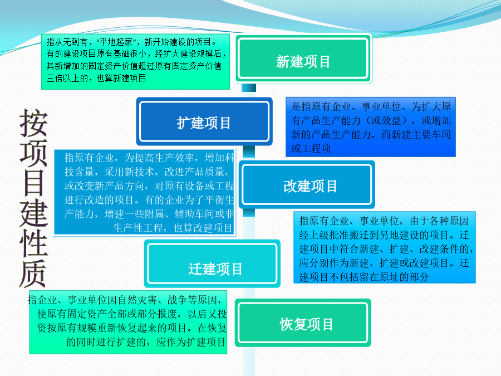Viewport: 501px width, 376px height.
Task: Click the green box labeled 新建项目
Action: click(x=303, y=58)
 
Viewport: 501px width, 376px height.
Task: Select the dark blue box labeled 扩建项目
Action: click(x=204, y=121)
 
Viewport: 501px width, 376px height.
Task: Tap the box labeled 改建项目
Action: click(x=307, y=184)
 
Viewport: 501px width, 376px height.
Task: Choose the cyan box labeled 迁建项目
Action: click(x=212, y=263)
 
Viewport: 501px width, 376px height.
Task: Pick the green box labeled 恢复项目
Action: click(x=303, y=323)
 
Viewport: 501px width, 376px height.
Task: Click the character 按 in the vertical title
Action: click(x=33, y=123)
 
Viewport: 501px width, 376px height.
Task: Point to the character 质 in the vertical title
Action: click(x=33, y=274)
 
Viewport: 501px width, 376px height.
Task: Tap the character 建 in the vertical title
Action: click(x=34, y=213)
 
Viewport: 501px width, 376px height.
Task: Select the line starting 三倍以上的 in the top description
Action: click(x=96, y=79)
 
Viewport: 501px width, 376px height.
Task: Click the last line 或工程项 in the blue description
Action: click(x=311, y=148)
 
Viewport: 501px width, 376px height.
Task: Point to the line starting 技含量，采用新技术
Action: click(x=146, y=172)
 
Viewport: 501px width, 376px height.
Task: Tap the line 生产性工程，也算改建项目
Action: click(x=173, y=228)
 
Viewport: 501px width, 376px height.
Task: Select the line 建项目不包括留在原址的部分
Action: click(x=364, y=277)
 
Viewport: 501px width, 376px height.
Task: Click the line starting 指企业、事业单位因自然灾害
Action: click(x=125, y=300)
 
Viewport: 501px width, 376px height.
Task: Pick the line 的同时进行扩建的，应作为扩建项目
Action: click(x=146, y=342)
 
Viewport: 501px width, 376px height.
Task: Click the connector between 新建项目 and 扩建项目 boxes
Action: click(x=249, y=89)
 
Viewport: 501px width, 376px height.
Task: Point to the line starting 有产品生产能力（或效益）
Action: click(x=371, y=120)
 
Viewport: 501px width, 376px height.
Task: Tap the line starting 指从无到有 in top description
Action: click(x=131, y=42)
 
